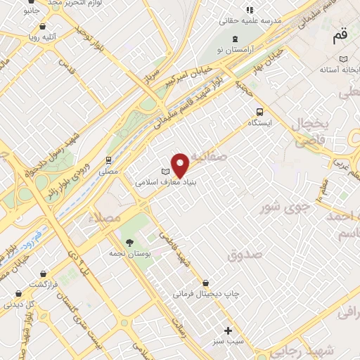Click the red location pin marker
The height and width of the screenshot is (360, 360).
(181, 165)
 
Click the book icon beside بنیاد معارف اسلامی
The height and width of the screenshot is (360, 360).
(166, 172)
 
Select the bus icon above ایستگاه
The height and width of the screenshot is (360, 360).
(260, 111)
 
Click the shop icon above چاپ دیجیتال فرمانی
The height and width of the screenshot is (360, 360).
(205, 283)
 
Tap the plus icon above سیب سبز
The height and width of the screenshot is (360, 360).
(228, 330)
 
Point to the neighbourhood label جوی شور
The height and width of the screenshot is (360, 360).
(284, 207)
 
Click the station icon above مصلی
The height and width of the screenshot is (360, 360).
(109, 160)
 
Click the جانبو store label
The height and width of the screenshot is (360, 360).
(31, 11)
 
